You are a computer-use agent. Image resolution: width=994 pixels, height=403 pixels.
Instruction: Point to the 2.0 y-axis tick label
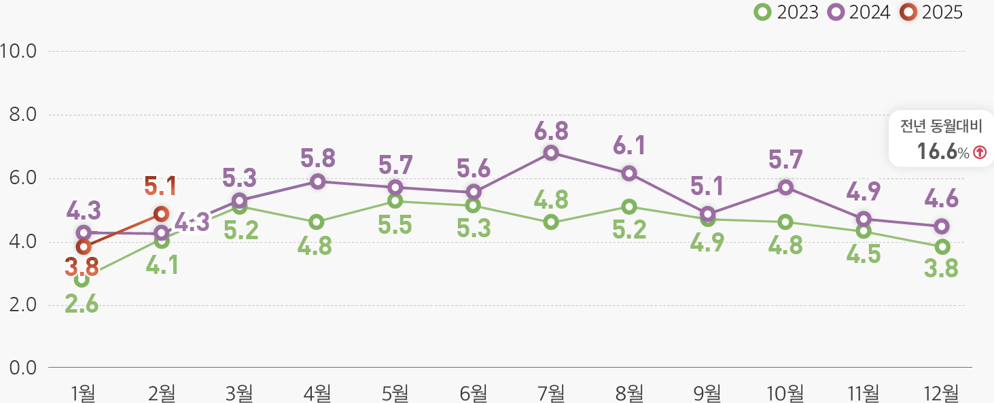coord(23,305)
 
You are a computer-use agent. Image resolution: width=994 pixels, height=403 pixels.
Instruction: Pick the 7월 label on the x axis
coord(551,392)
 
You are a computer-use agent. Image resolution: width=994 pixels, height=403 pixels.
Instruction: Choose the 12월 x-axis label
coord(941,392)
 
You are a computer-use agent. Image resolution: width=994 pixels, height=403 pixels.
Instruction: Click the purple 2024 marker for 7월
coord(551,153)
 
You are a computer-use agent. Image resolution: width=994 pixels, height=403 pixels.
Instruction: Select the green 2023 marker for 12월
coord(942,247)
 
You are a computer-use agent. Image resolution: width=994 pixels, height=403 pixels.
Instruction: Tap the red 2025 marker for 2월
coord(161,214)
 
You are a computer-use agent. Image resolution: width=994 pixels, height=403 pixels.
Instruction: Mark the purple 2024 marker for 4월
coord(317,181)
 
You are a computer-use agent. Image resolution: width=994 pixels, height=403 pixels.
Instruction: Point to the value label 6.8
coord(551,130)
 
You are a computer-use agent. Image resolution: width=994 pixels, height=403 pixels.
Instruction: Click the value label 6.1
coord(629,145)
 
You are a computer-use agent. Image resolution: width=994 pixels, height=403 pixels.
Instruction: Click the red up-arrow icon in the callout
coord(979,153)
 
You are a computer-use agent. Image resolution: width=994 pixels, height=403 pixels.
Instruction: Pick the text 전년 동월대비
coord(941,127)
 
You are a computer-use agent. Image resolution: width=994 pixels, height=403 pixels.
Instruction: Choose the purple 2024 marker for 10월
coord(785,187)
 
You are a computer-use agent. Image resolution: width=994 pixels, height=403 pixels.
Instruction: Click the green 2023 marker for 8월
coord(629,206)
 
